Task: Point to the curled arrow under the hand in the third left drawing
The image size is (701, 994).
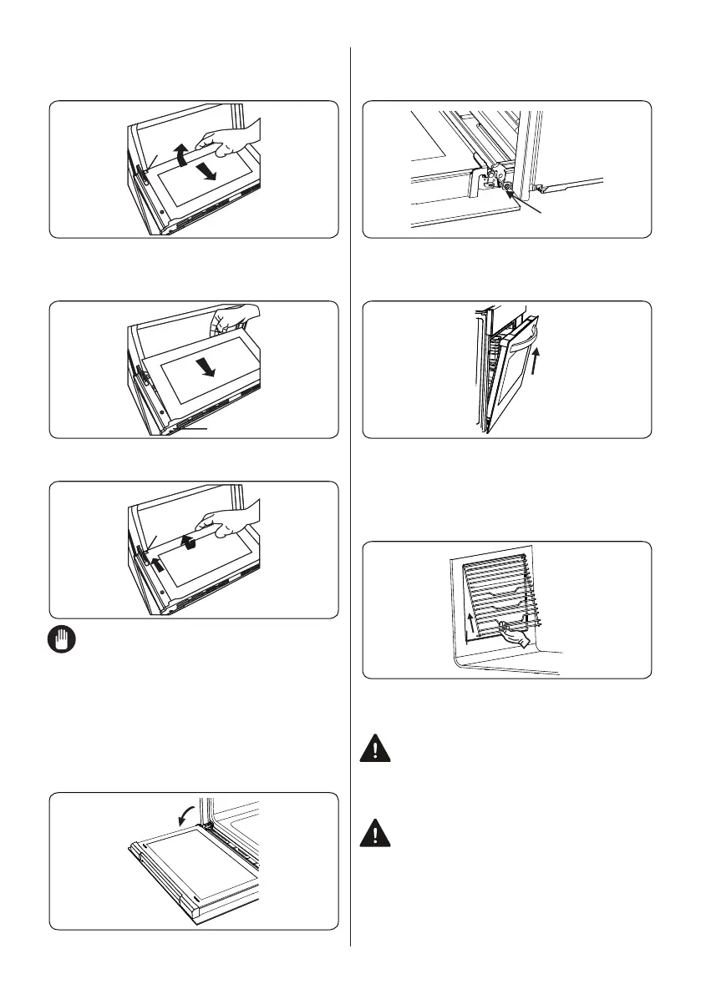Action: (191, 542)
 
